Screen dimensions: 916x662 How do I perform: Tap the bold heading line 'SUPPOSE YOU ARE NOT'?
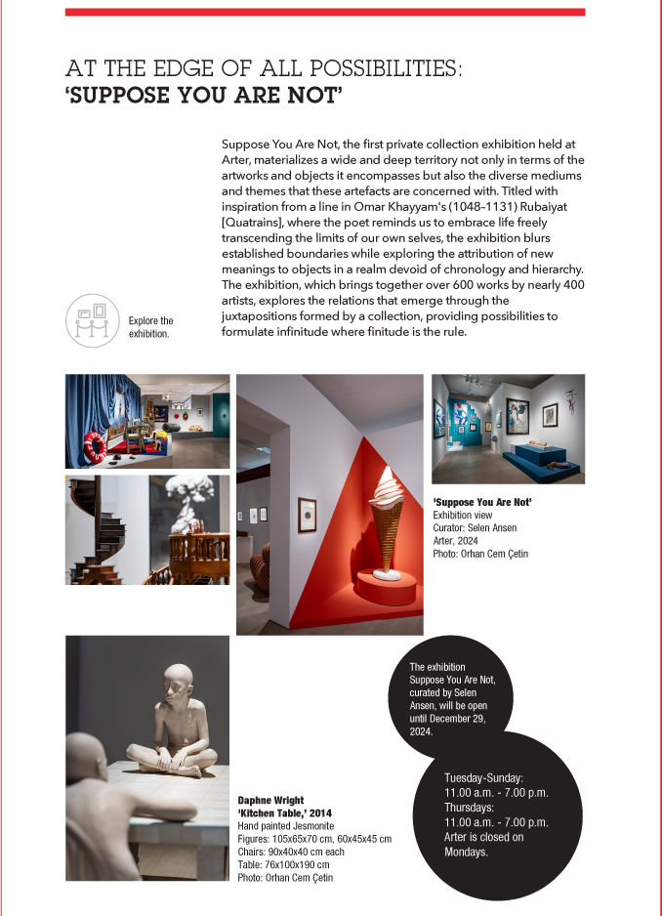point(203,97)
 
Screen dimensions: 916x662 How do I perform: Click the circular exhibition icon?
point(92,321)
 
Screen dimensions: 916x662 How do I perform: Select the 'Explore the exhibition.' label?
point(150,327)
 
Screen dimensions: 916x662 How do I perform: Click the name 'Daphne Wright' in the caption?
point(270,801)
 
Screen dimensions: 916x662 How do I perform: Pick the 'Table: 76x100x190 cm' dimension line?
point(283,864)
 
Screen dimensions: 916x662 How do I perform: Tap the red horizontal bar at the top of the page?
point(324,12)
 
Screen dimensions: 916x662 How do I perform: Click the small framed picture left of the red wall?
point(307,509)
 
